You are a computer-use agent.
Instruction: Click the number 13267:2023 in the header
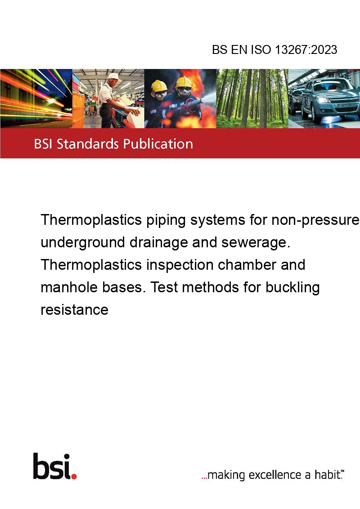click(x=306, y=49)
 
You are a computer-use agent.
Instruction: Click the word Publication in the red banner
click(x=158, y=144)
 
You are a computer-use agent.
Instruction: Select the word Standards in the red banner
click(x=88, y=144)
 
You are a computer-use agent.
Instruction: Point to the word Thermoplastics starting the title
click(x=91, y=220)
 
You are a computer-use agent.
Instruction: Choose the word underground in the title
click(x=83, y=243)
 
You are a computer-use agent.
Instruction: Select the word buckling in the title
click(x=293, y=288)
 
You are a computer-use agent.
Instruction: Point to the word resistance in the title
click(x=74, y=310)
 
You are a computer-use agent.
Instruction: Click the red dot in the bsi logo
click(x=74, y=476)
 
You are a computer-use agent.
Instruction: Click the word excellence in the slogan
click(x=275, y=475)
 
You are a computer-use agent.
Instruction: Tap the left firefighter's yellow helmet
click(x=159, y=85)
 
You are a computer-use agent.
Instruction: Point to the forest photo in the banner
click(x=252, y=98)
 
